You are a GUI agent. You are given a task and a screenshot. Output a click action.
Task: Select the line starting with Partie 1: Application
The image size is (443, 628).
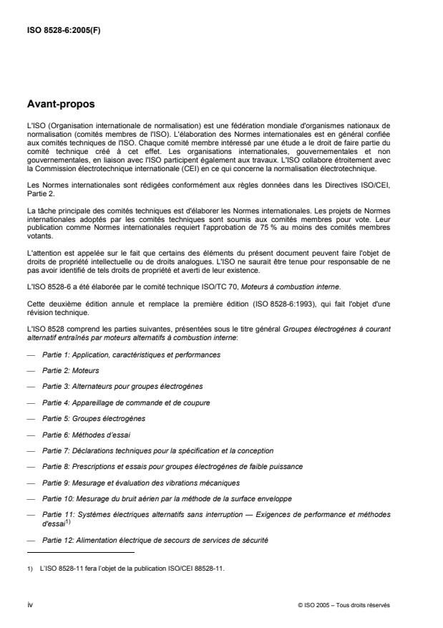click(x=131, y=355)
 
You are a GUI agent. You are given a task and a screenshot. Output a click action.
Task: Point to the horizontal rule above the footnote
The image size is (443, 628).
click(x=79, y=552)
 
